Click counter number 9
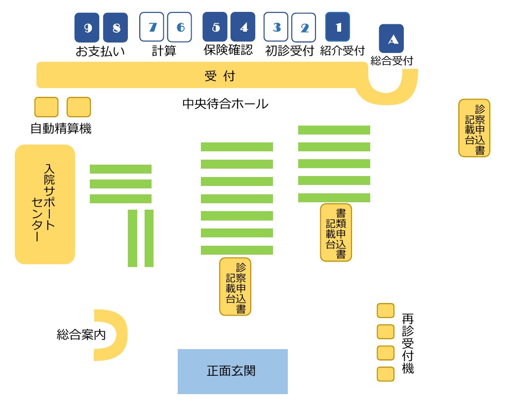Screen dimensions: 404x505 pyautogui.click(x=87, y=27)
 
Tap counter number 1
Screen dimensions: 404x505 pyautogui.click(x=338, y=27)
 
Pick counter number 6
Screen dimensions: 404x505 pyautogui.click(x=180, y=27)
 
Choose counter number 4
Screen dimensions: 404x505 pyautogui.click(x=243, y=27)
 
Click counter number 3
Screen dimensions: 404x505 pyautogui.click(x=276, y=27)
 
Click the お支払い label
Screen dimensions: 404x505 pyautogui.click(x=100, y=51)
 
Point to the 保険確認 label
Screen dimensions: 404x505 pyautogui.click(x=228, y=50)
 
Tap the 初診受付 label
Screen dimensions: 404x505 pyautogui.click(x=290, y=50)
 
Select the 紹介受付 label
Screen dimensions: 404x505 pyautogui.click(x=342, y=50)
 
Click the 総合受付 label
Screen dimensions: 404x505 pyautogui.click(x=392, y=60)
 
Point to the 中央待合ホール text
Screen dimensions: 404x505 pyautogui.click(x=226, y=104)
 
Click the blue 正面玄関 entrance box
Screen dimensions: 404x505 pyautogui.click(x=233, y=371)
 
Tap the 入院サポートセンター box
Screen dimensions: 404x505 pyautogui.click(x=45, y=204)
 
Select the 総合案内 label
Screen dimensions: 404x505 pyautogui.click(x=81, y=335)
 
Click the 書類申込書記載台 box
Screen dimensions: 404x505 pyautogui.click(x=336, y=232)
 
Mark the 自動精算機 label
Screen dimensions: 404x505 pyautogui.click(x=61, y=129)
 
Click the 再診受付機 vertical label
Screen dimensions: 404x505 pyautogui.click(x=408, y=343)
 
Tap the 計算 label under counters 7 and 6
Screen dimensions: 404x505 pyautogui.click(x=164, y=50)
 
